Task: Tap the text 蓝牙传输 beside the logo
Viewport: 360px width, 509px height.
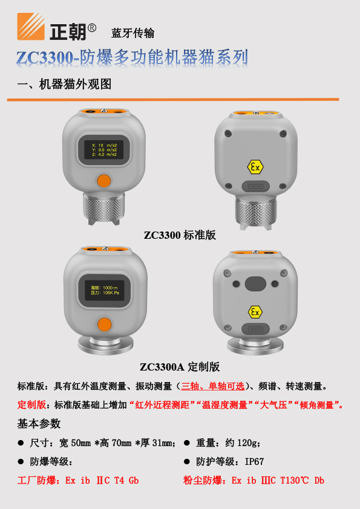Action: [133, 33]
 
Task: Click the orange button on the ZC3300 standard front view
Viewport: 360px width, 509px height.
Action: [104, 180]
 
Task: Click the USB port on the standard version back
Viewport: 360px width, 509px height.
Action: [256, 187]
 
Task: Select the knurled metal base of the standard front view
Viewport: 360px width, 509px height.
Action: [104, 209]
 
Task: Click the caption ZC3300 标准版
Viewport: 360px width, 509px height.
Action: [180, 235]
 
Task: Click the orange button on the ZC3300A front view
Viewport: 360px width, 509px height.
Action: [104, 324]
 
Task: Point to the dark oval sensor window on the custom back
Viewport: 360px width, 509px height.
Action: [255, 284]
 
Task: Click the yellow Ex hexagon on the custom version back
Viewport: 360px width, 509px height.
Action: [256, 312]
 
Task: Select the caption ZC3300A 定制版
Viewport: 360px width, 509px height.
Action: [180, 366]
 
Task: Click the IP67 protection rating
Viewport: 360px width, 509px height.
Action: [254, 461]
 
